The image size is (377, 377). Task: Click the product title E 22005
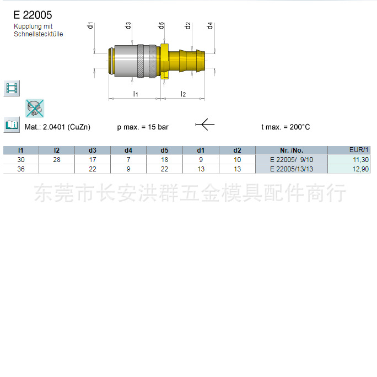click(33, 15)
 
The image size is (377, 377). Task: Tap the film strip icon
click(12, 88)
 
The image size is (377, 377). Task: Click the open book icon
click(12, 125)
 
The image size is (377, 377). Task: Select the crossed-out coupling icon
click(35, 108)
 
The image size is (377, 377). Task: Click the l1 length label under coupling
click(136, 94)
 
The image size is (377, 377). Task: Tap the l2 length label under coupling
click(184, 94)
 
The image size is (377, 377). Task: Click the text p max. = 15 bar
click(143, 127)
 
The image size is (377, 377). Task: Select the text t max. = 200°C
click(286, 127)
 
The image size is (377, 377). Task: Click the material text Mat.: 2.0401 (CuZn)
click(57, 127)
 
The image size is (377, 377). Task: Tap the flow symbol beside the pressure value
click(204, 126)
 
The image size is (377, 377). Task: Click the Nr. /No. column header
click(291, 150)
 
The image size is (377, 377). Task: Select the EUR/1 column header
click(359, 150)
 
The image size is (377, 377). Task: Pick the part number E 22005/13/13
click(291, 169)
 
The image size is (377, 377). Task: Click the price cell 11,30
click(360, 160)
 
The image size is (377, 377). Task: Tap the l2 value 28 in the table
click(57, 160)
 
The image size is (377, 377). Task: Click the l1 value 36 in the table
click(21, 169)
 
